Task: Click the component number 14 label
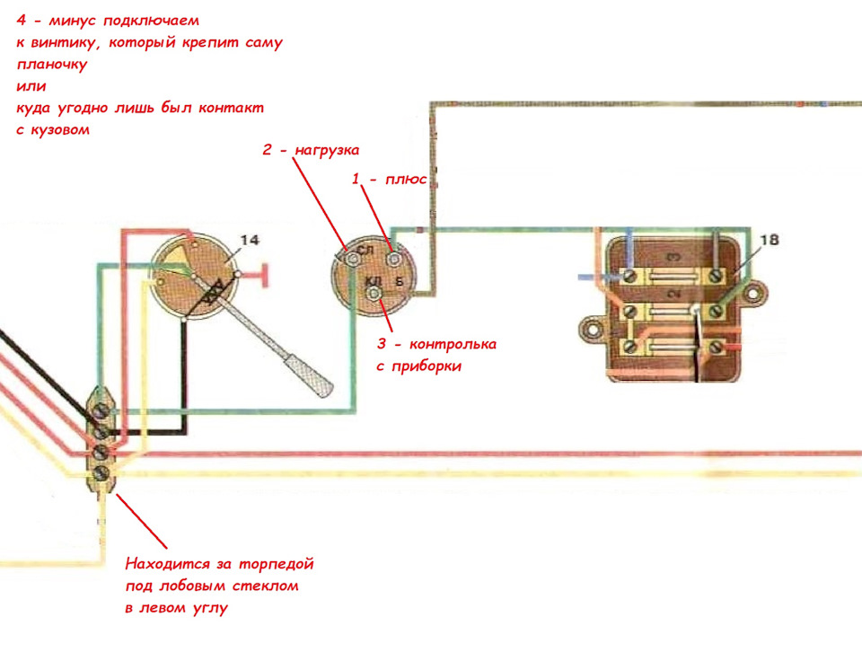[250, 240]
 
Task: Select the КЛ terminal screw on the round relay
[374, 295]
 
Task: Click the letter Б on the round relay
[400, 282]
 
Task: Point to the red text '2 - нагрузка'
[311, 150]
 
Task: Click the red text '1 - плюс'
[389, 179]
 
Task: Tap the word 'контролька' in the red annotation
[453, 344]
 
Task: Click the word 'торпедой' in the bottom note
[276, 564]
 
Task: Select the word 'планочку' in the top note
[52, 65]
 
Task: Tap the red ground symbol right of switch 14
[265, 275]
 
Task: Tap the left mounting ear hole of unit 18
[593, 330]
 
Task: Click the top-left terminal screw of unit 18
[630, 275]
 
